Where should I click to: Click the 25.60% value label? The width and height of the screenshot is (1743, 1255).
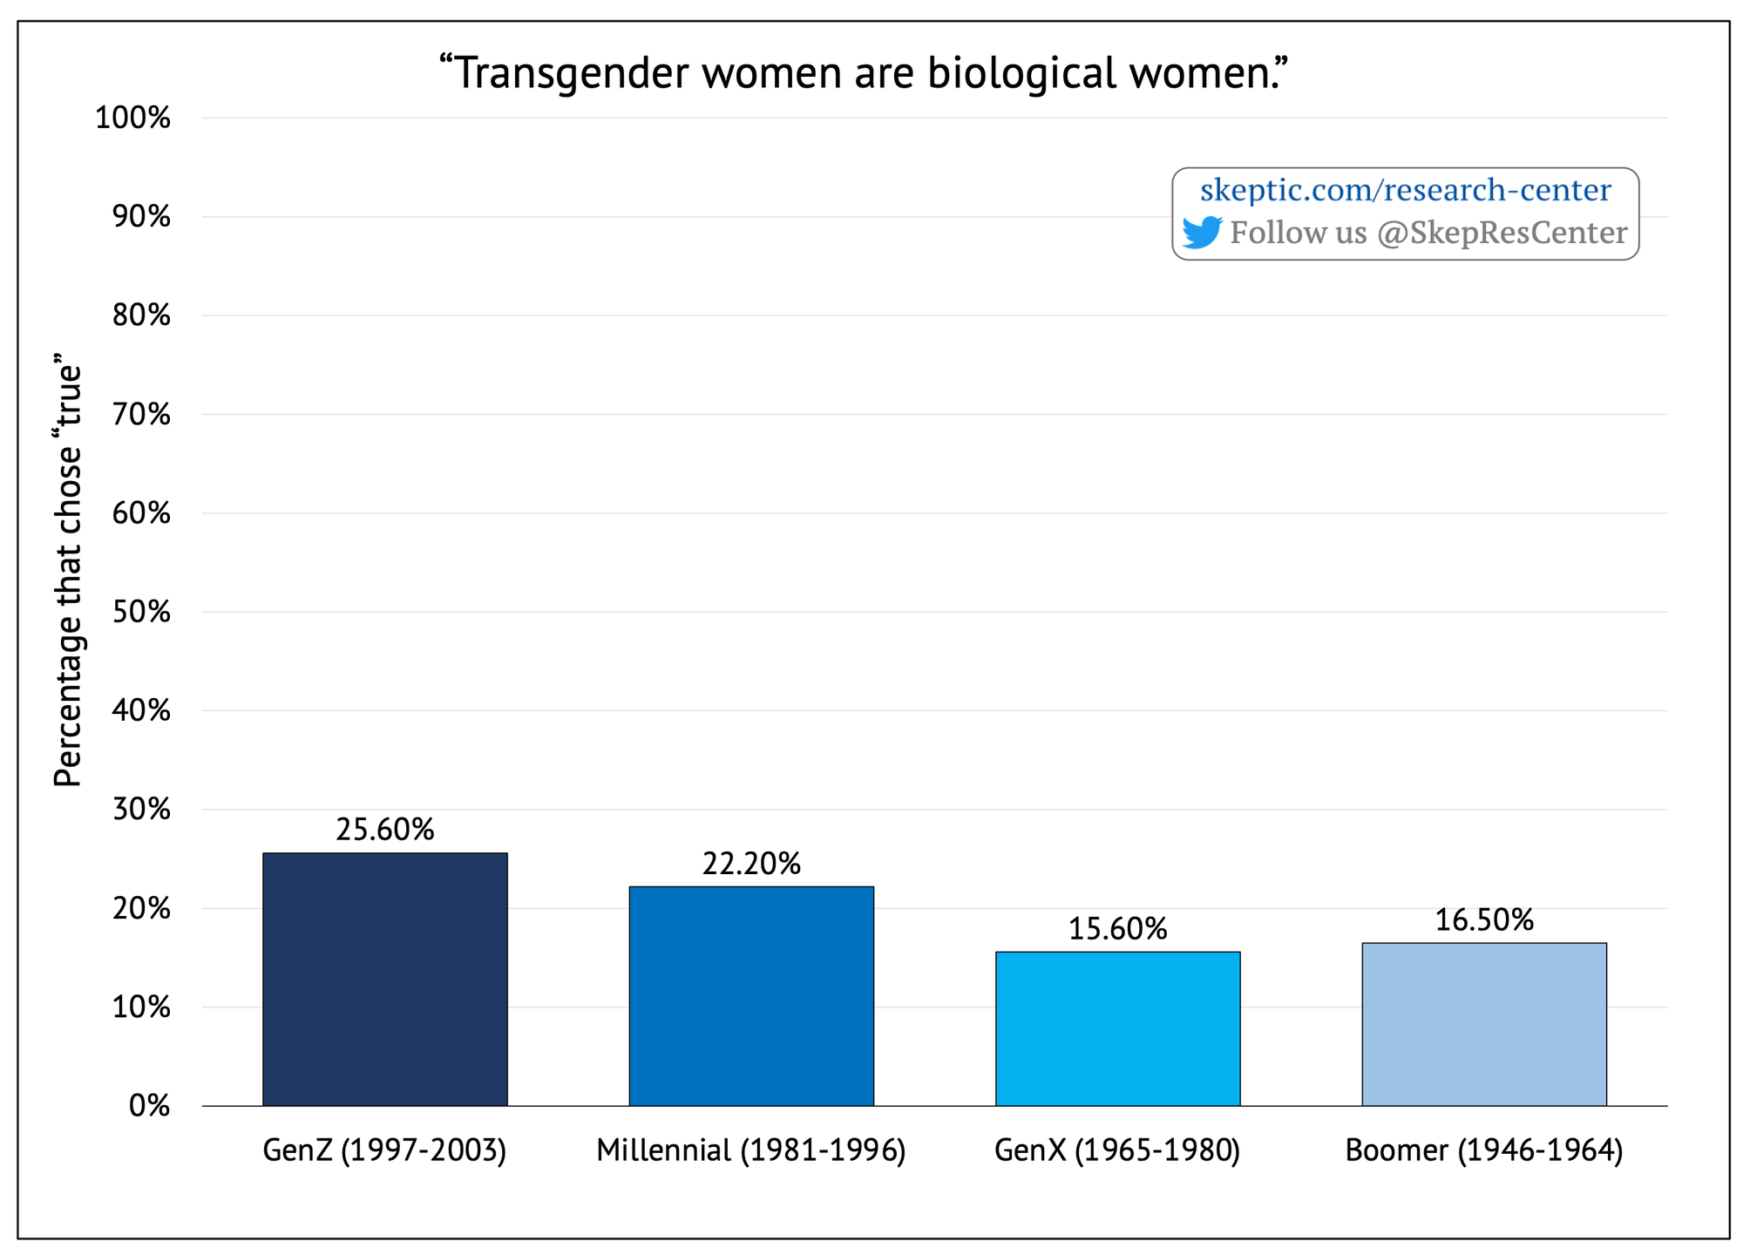[x=384, y=830]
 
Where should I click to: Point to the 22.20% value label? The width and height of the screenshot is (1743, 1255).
[x=751, y=864]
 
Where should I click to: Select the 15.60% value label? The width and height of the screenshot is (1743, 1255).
[x=1117, y=929]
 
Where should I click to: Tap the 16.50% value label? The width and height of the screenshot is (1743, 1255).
[x=1483, y=920]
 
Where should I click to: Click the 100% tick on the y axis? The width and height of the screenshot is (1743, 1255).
[x=132, y=118]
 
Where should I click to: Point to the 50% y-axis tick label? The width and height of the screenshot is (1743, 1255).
[x=140, y=612]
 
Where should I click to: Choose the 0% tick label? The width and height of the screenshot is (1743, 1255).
[x=149, y=1106]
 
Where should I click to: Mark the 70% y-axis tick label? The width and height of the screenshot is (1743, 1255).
[x=140, y=415]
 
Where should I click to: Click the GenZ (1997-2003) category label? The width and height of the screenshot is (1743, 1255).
[x=384, y=1150]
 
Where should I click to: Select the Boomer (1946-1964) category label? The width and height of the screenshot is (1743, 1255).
[x=1483, y=1150]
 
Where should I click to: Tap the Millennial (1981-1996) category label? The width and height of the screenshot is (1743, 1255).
[x=751, y=1150]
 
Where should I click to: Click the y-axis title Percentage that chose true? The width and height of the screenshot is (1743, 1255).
[x=68, y=571]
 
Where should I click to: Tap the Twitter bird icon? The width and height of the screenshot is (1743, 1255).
[x=1203, y=232]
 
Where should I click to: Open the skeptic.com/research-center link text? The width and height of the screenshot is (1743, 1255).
[x=1405, y=190]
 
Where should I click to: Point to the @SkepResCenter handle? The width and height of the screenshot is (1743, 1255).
[x=1502, y=233]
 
